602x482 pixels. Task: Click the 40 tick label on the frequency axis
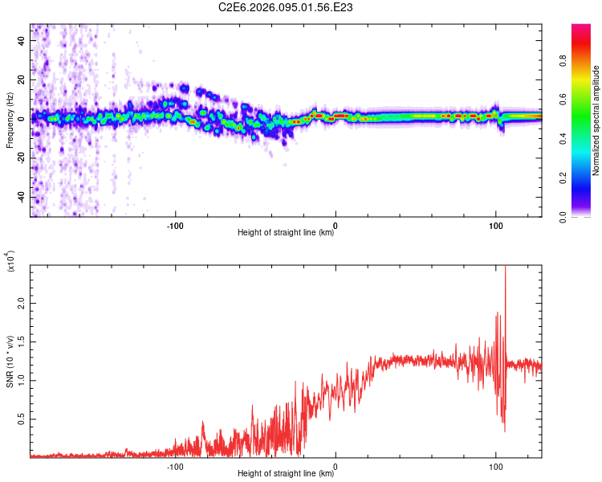click(22, 39)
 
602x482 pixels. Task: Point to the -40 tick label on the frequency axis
click(21, 197)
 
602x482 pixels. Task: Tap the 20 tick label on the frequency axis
click(22, 79)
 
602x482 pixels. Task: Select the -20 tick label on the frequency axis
click(21, 157)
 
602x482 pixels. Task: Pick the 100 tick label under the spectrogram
click(496, 225)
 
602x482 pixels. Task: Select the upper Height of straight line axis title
click(286, 233)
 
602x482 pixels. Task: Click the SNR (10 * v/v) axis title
click(10, 361)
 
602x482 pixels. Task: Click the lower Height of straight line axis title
click(286, 474)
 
